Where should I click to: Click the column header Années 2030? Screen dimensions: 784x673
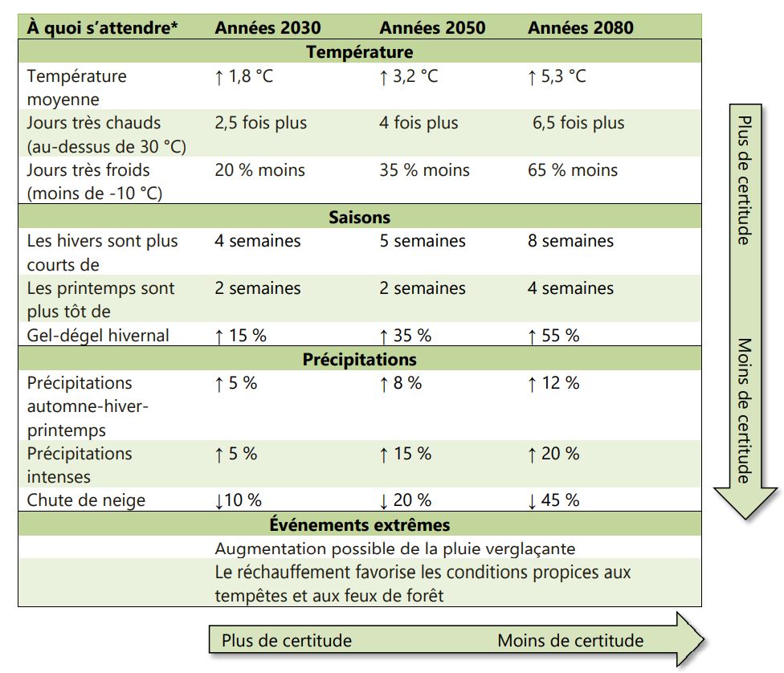pyautogui.click(x=267, y=27)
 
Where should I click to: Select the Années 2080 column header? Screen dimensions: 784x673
pyautogui.click(x=581, y=27)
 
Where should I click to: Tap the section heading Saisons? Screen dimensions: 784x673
pyautogui.click(x=360, y=217)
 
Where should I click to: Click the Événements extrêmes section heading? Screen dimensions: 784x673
pyautogui.click(x=360, y=524)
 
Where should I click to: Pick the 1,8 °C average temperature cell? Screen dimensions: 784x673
pyautogui.click(x=244, y=76)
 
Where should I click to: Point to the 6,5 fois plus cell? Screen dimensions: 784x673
pyautogui.click(x=578, y=123)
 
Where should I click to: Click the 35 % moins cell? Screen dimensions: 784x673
pyautogui.click(x=424, y=170)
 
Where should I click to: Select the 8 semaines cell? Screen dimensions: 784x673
pyautogui.click(x=570, y=241)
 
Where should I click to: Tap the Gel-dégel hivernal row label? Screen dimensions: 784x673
pyautogui.click(x=98, y=336)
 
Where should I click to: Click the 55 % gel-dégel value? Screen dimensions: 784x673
pyautogui.click(x=554, y=336)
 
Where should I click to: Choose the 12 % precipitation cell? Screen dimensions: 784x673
pyautogui.click(x=554, y=384)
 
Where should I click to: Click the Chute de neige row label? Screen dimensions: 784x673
pyautogui.click(x=86, y=500)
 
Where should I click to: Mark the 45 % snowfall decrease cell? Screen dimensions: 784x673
pyautogui.click(x=554, y=500)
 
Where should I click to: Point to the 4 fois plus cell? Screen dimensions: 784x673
pyautogui.click(x=419, y=123)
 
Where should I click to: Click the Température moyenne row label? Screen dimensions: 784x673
pyautogui.click(x=76, y=88)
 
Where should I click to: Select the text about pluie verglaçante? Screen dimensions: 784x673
pyautogui.click(x=395, y=549)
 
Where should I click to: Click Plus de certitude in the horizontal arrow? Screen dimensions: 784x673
pyautogui.click(x=287, y=641)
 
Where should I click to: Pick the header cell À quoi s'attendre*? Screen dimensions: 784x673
pyautogui.click(x=103, y=27)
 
